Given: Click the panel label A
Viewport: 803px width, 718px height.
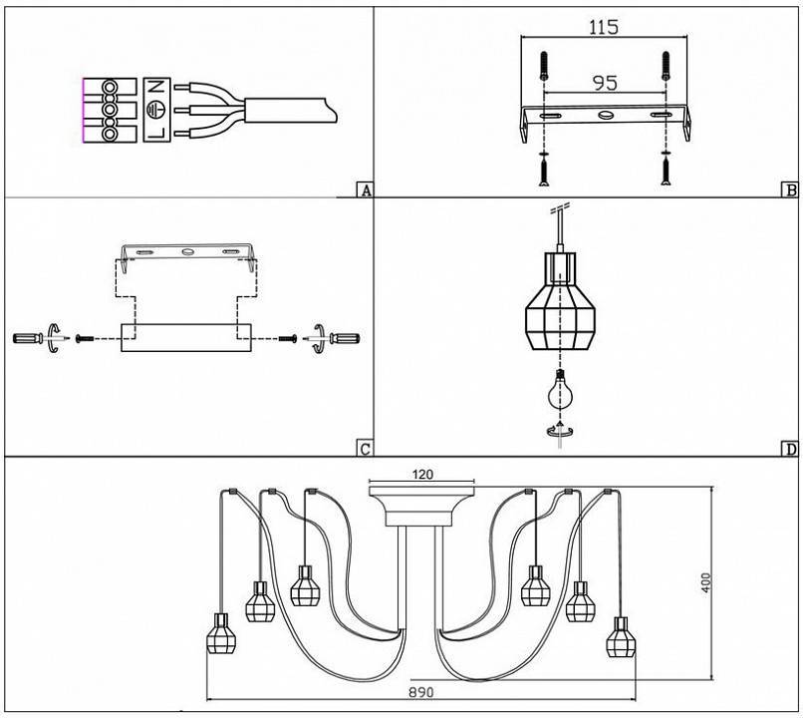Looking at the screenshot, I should click(x=365, y=190).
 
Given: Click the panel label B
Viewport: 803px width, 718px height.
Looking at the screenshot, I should click(x=789, y=190).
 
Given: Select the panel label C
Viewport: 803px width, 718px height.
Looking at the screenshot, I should click(x=365, y=449).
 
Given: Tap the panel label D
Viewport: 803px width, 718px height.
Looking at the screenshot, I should click(x=789, y=449).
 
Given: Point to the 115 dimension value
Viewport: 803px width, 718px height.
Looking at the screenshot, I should click(x=603, y=28).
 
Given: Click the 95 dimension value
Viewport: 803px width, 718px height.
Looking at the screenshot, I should click(x=605, y=84).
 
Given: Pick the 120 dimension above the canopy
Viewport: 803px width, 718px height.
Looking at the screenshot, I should click(x=422, y=475).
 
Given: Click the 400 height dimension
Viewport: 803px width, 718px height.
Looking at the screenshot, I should click(x=706, y=582).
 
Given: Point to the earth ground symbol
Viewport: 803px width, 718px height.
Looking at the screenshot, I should click(x=154, y=110).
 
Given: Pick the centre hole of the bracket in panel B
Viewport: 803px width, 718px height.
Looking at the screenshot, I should click(x=605, y=117).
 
